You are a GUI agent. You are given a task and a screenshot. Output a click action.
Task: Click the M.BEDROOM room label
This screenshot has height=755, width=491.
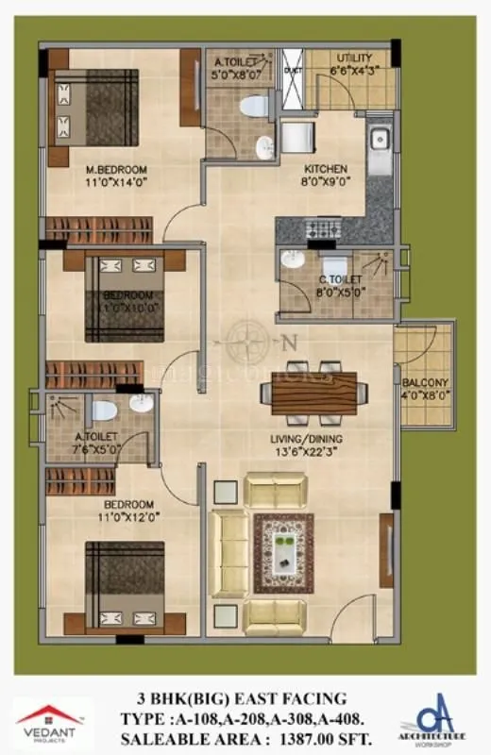(110, 170)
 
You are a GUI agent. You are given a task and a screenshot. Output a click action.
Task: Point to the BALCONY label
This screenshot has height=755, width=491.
(425, 382)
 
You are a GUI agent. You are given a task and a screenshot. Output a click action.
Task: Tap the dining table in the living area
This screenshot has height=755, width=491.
(313, 388)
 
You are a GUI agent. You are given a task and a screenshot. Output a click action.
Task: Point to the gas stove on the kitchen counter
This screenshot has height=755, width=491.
(325, 229)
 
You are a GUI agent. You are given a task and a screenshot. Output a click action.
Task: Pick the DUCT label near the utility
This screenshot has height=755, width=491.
(292, 68)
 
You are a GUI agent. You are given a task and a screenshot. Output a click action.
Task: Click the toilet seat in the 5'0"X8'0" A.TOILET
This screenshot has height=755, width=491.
(252, 106)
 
